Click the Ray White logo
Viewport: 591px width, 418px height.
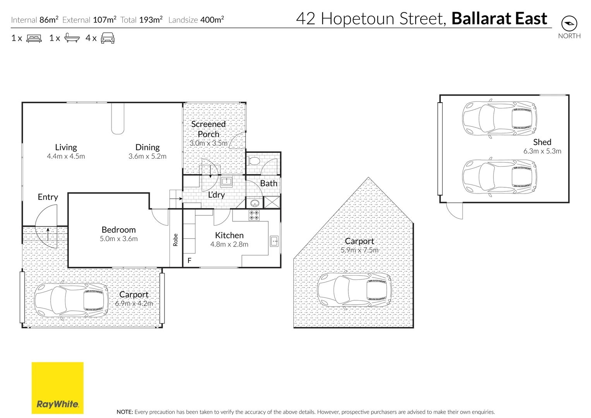tap(57, 388)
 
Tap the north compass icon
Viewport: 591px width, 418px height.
tap(569, 24)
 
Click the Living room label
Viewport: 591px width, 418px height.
tap(66, 147)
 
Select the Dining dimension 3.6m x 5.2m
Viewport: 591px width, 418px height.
tap(147, 156)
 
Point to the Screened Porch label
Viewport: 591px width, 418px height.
tap(208, 129)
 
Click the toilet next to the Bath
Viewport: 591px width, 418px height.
tap(254, 161)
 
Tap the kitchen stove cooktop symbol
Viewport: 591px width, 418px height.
tap(254, 216)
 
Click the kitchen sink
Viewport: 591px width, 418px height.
tap(274, 241)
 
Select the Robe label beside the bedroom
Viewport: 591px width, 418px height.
tap(175, 240)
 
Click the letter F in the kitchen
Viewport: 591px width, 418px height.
tap(189, 260)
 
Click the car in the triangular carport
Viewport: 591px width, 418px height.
tap(354, 290)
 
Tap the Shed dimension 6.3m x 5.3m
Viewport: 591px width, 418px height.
tap(542, 151)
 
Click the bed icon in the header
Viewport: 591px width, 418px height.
tap(34, 38)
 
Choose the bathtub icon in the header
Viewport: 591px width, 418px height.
tap(72, 38)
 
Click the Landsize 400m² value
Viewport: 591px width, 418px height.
tap(212, 20)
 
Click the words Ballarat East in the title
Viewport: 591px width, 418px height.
tap(499, 19)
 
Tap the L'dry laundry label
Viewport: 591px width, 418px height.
tap(216, 195)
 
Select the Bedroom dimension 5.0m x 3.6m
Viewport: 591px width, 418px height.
tap(118, 239)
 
